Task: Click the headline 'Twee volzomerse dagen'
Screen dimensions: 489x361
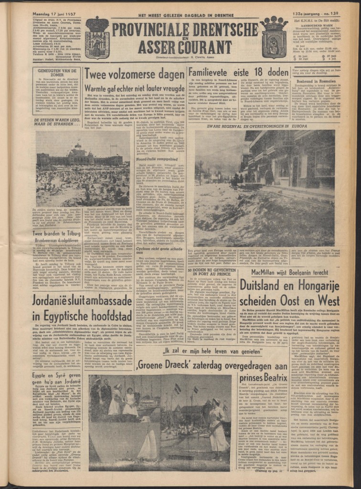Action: (133, 74)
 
